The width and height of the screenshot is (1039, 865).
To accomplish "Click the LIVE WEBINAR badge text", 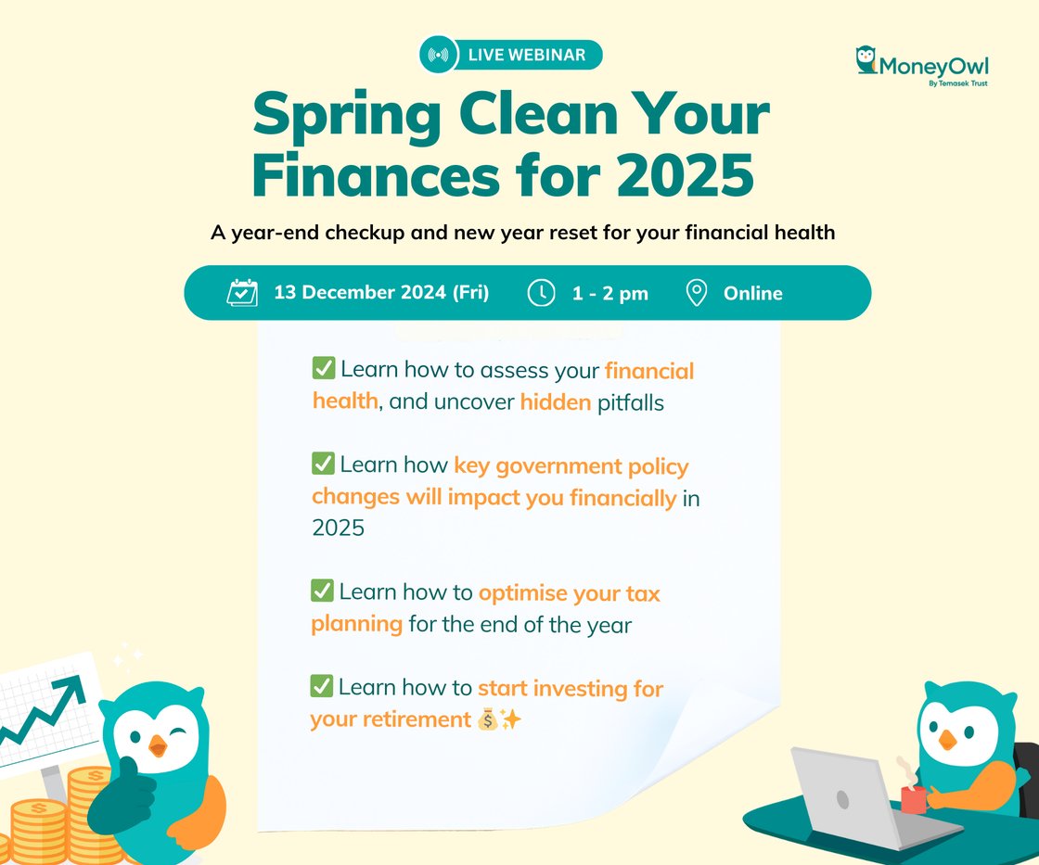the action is pyautogui.click(x=527, y=55).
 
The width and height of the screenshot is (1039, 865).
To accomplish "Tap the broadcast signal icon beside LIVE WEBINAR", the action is pyautogui.click(x=438, y=55).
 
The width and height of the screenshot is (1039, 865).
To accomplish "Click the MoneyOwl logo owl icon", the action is pyautogui.click(x=866, y=59).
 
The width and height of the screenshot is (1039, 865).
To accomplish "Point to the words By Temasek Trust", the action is pyautogui.click(x=958, y=83).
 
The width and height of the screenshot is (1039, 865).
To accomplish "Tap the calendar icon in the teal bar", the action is pyautogui.click(x=242, y=292).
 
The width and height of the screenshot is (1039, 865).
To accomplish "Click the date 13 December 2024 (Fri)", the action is pyautogui.click(x=381, y=293).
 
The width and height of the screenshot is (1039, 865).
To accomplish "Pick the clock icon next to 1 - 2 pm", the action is pyautogui.click(x=542, y=293).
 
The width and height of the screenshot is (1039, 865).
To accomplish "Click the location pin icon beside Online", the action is pyautogui.click(x=697, y=293).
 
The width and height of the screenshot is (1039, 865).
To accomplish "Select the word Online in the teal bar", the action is pyautogui.click(x=752, y=293).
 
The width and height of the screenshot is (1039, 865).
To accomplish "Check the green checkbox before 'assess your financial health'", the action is pyautogui.click(x=324, y=368).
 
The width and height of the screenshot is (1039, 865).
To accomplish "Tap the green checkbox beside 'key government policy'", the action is pyautogui.click(x=323, y=463).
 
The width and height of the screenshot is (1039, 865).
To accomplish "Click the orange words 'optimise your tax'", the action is pyautogui.click(x=570, y=593).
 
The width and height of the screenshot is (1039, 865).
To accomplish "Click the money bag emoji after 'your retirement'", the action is pyautogui.click(x=487, y=719).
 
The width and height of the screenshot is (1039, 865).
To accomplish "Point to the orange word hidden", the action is pyautogui.click(x=556, y=402).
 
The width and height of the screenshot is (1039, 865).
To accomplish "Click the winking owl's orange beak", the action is pyautogui.click(x=158, y=745).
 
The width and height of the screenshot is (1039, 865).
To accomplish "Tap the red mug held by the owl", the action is pyautogui.click(x=914, y=799).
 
